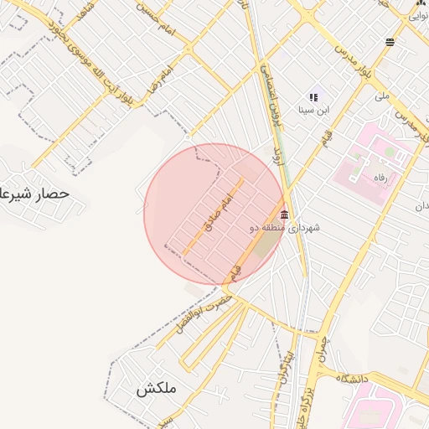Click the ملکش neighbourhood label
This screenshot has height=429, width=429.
click(x=154, y=389)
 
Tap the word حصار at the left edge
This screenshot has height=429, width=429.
click(x=50, y=194)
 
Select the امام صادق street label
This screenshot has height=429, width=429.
click(x=216, y=209)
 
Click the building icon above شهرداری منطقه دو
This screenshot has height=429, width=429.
click(x=285, y=214)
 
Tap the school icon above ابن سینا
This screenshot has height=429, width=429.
click(x=314, y=97)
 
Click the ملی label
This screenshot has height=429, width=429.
click(x=382, y=97)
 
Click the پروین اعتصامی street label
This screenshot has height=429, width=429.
click(x=270, y=92)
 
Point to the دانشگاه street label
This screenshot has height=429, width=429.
click(x=352, y=380)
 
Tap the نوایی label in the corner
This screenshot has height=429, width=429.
click(x=420, y=12)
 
